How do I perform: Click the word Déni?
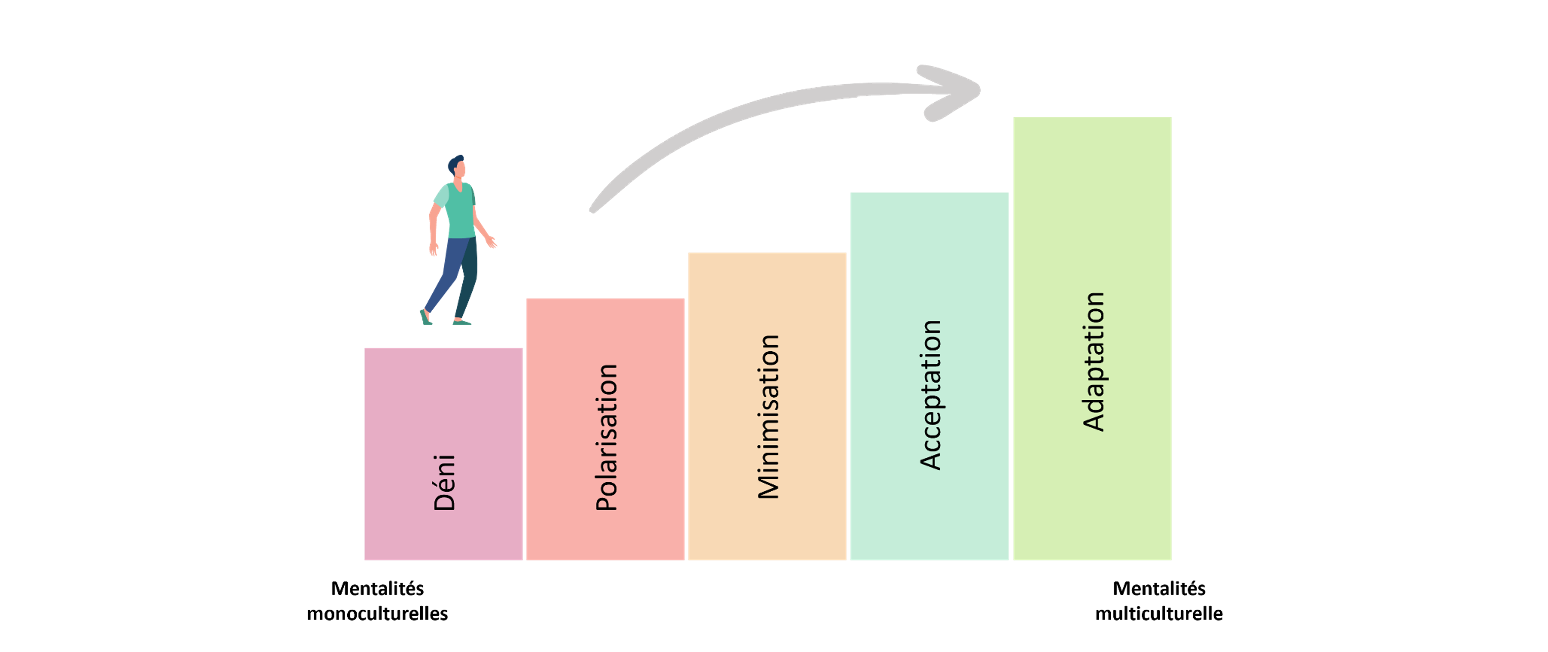tap(445, 483)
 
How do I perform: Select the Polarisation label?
tap(607, 437)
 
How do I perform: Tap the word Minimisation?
tap(769, 416)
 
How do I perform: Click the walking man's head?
tap(457, 168)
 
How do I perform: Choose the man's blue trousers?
tap(451, 271)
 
